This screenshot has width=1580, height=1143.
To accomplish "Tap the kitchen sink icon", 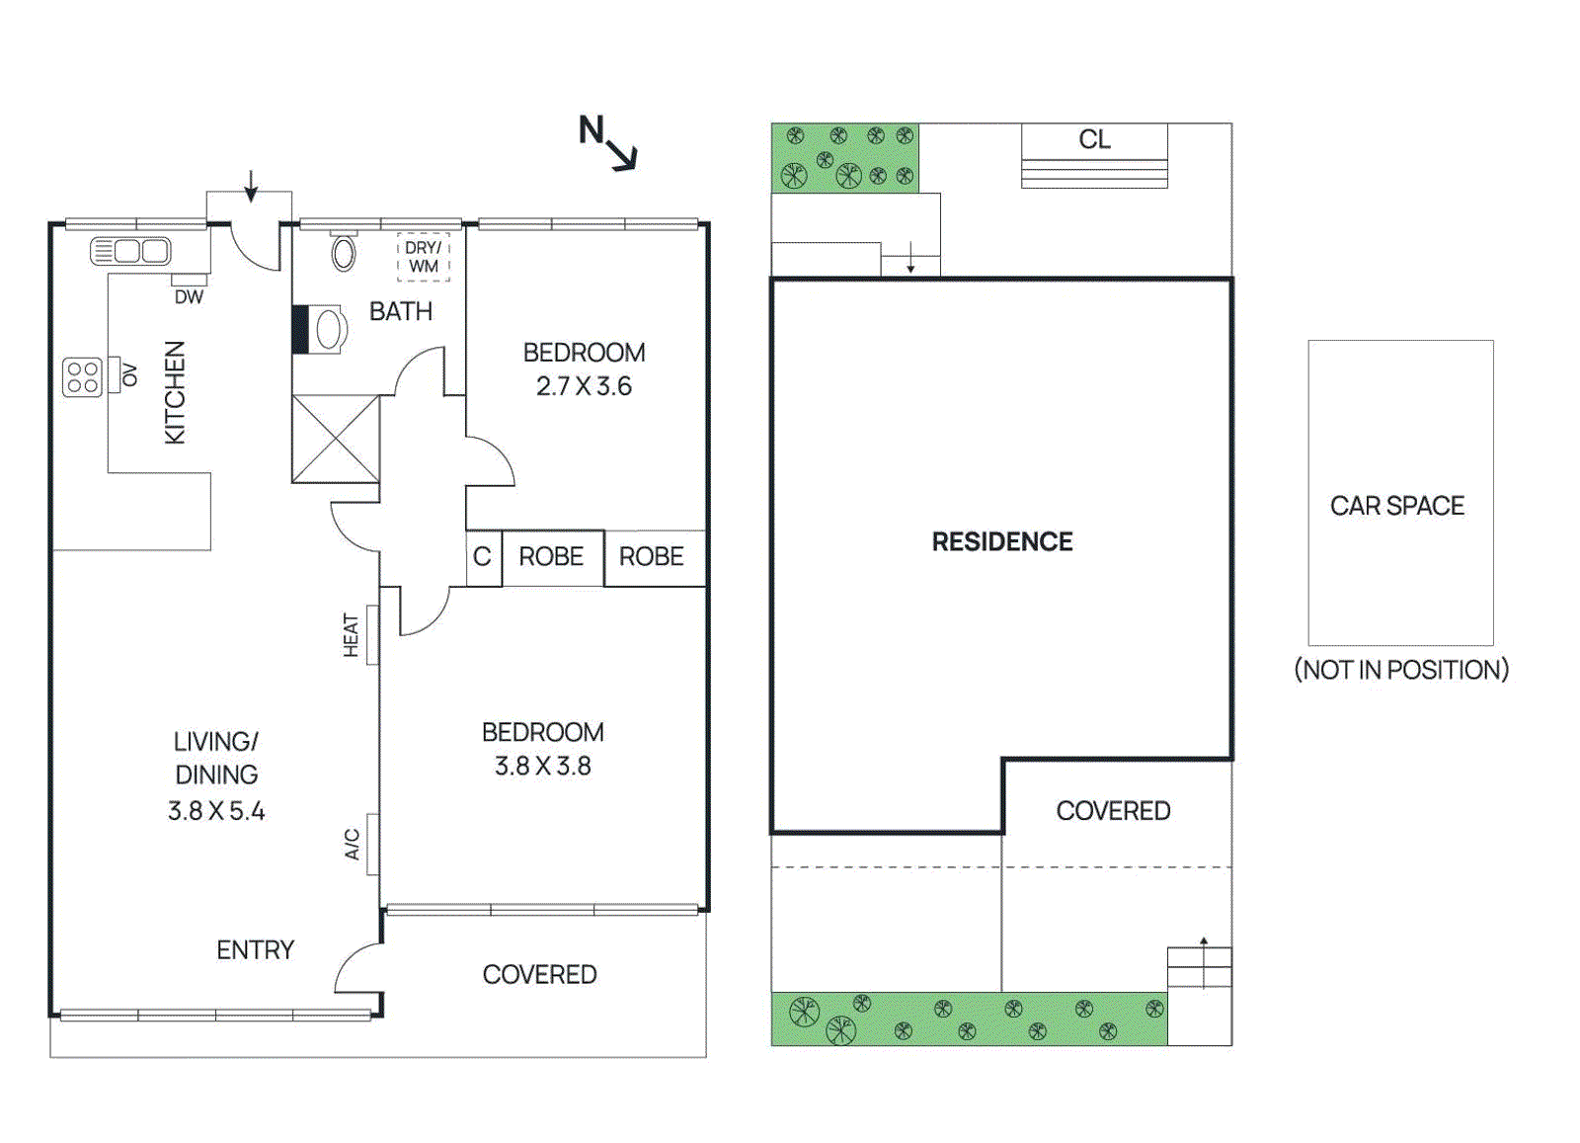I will (130, 251).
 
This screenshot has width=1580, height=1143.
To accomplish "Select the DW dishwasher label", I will (189, 296).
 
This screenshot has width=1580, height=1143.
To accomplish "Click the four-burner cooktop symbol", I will (82, 376).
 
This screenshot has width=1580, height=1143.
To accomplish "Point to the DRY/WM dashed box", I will (424, 258).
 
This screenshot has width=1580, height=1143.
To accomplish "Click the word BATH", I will (401, 312).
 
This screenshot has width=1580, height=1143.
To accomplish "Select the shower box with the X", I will (336, 439).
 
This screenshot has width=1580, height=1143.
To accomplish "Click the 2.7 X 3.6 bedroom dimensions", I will (584, 386).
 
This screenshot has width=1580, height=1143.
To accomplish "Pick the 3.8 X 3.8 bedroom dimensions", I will (542, 767).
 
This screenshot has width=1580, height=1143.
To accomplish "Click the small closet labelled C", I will (482, 557).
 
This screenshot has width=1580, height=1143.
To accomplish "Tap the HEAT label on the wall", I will (352, 635).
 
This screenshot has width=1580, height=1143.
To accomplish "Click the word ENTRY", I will (255, 950).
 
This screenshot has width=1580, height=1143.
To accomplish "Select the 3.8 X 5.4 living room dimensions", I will (216, 811).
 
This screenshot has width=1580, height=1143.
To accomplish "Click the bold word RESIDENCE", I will (1002, 541).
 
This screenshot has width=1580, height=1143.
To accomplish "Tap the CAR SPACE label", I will (1396, 506).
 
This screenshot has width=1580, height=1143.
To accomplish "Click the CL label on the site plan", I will (1094, 139).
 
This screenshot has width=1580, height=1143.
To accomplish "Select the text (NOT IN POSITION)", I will (1401, 670).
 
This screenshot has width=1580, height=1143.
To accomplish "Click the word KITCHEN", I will (175, 392).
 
